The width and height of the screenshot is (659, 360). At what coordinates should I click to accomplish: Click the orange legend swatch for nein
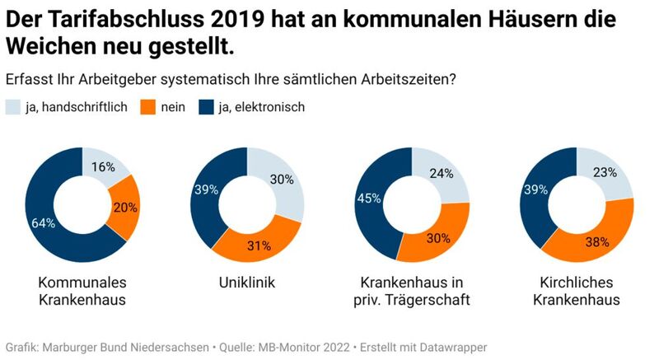pyautogui.click(x=148, y=106)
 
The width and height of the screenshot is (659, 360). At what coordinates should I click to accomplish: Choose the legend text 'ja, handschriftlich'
pyautogui.click(x=77, y=106)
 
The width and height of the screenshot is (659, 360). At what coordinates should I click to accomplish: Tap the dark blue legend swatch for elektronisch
pyautogui.click(x=206, y=106)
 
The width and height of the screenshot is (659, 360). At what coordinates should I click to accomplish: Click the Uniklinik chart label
pyautogui.click(x=246, y=283)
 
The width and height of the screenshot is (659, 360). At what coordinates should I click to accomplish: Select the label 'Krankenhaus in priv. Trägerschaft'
pyautogui.click(x=411, y=291)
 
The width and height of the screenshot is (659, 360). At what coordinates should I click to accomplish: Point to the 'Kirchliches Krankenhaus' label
pyautogui.click(x=576, y=291)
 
